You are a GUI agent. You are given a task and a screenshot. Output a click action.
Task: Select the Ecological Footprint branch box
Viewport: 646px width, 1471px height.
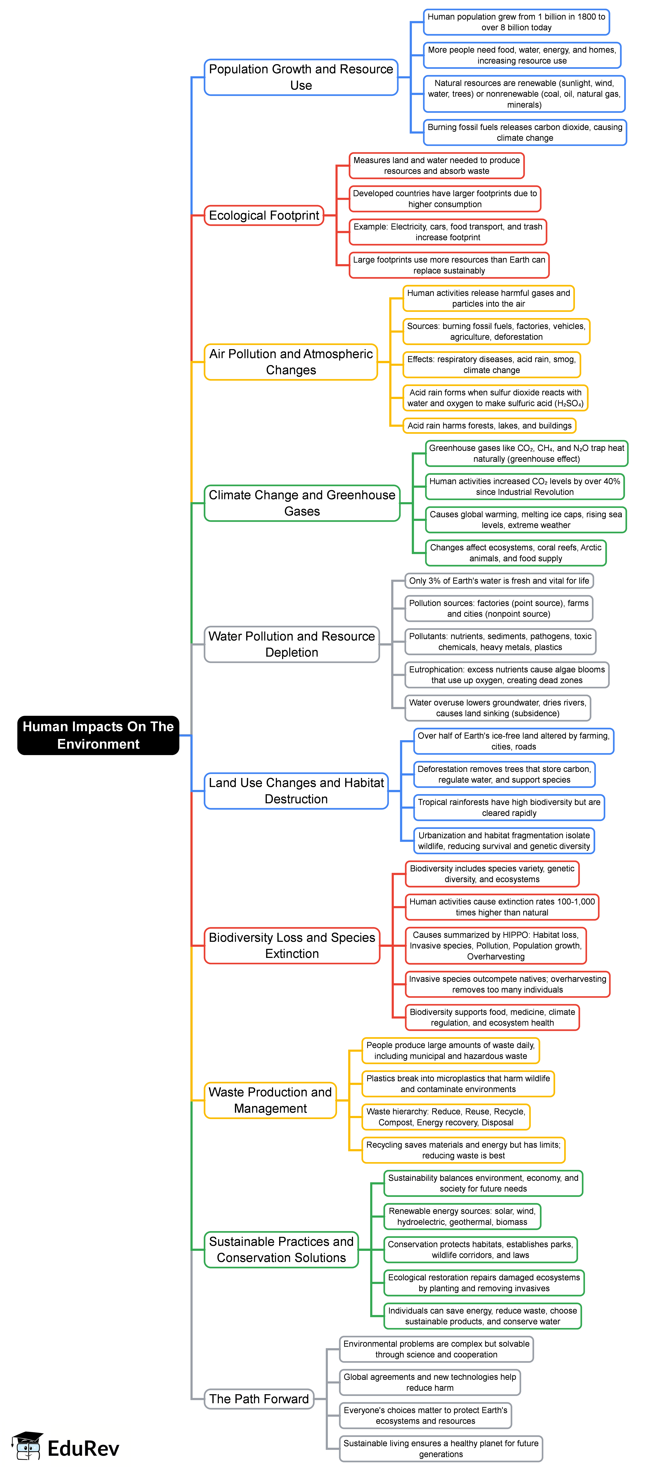tap(264, 215)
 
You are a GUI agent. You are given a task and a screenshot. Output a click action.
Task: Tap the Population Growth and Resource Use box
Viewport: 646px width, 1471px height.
tap(301, 77)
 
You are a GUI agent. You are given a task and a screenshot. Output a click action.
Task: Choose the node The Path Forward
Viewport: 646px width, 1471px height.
tap(259, 1399)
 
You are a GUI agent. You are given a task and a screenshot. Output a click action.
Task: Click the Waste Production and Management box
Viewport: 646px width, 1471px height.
tap(270, 1100)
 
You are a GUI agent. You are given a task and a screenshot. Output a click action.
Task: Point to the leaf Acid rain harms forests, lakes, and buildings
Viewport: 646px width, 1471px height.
tap(489, 425)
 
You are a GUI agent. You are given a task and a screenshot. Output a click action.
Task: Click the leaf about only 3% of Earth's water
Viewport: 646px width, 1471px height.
tap(499, 581)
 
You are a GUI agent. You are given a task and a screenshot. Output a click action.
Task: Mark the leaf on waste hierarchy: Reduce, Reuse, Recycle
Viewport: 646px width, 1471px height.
tap(446, 1116)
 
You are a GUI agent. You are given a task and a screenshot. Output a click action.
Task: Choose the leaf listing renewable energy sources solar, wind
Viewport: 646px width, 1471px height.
tap(462, 1216)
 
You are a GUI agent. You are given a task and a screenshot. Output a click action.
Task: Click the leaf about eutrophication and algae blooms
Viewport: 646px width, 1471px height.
tap(507, 674)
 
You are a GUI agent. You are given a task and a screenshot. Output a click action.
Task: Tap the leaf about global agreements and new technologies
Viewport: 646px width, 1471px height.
tap(429, 1382)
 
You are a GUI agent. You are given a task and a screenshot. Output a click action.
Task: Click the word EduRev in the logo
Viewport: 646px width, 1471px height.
tap(83, 1448)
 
